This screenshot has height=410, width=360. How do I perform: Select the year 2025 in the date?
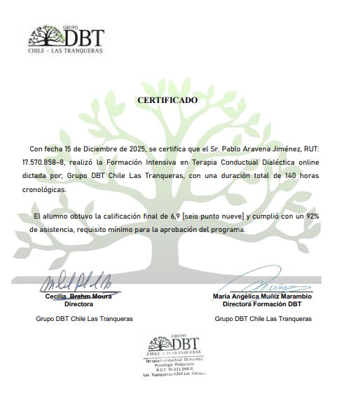click(x=130, y=149)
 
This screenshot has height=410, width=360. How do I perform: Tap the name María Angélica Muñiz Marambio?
click(x=262, y=296)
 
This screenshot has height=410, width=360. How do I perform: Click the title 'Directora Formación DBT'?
click(x=263, y=304)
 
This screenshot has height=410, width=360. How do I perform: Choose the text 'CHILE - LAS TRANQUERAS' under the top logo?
click(x=65, y=51)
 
